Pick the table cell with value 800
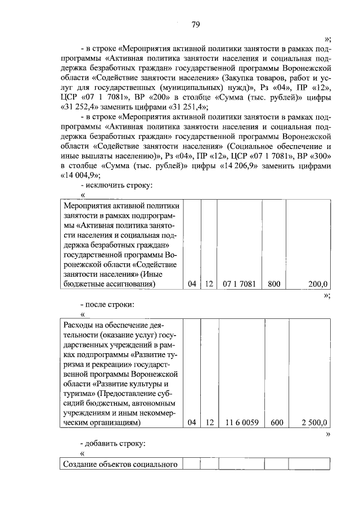[x=274, y=285]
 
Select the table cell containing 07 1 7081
[x=239, y=285]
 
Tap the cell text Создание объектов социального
[x=119, y=464]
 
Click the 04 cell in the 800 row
[x=192, y=285]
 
